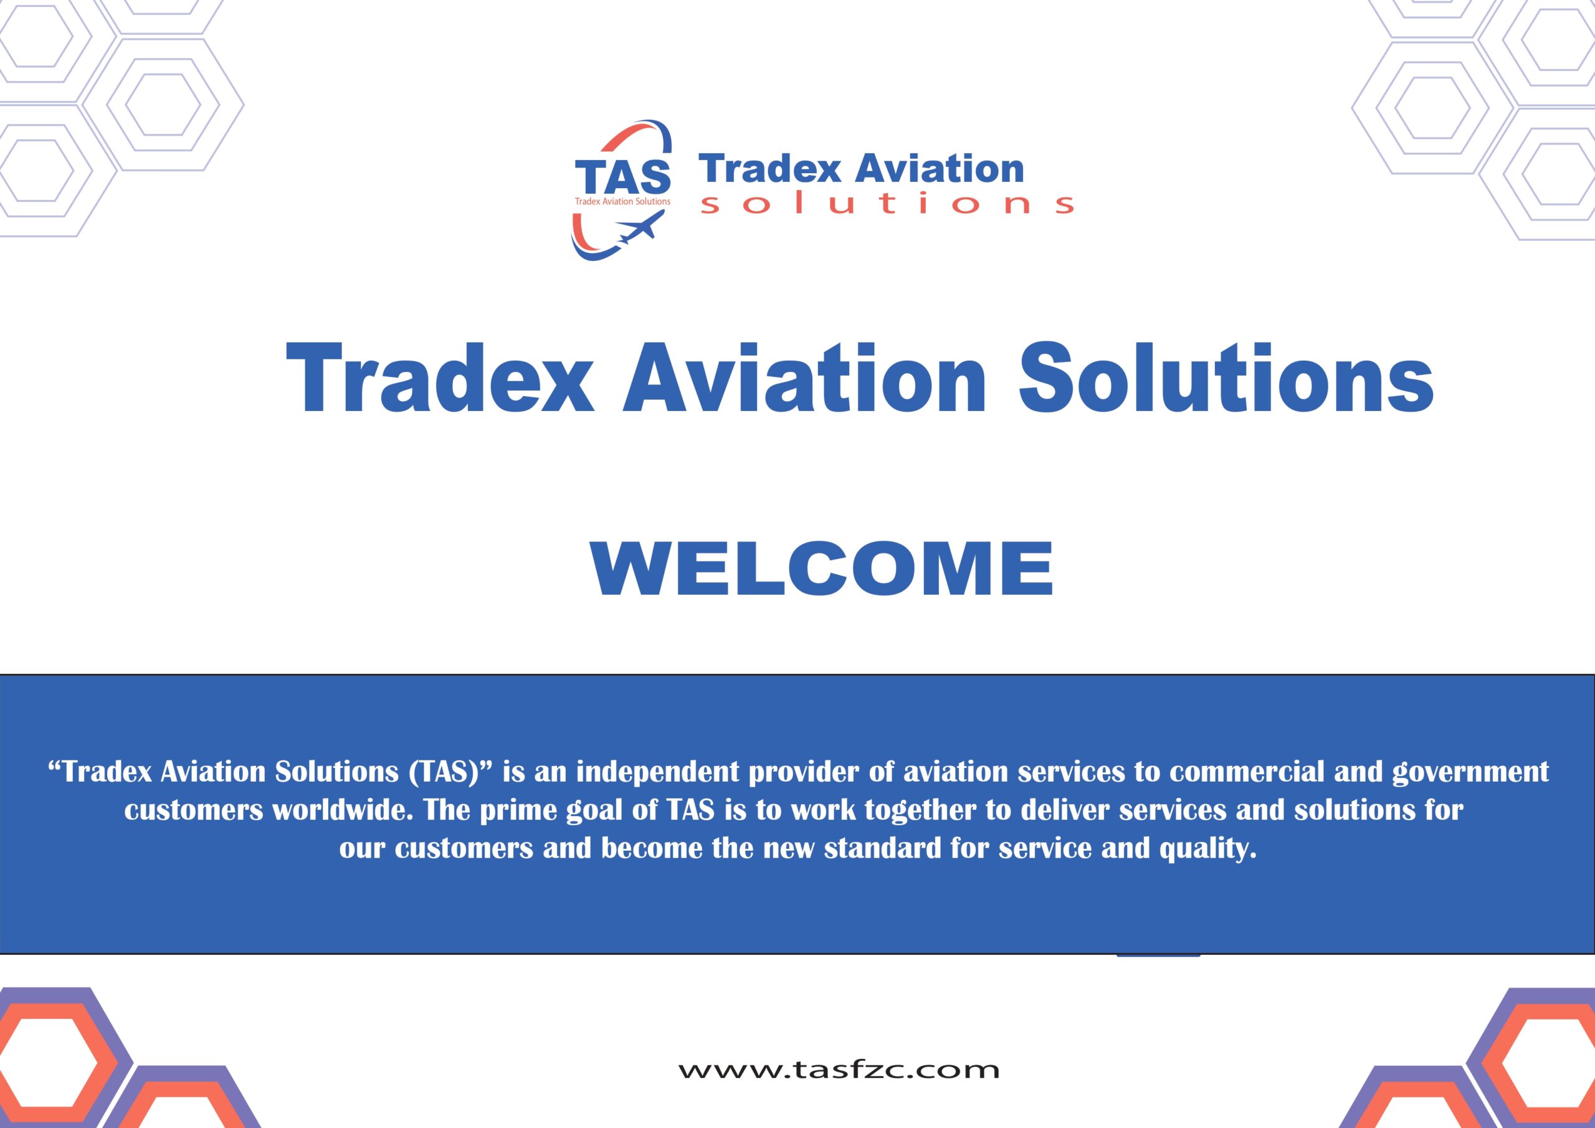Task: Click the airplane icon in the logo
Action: tap(640, 227)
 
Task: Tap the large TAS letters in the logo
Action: tap(622, 177)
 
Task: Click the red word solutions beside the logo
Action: tap(887, 203)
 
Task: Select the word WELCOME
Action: tap(821, 568)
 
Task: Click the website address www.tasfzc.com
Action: tap(839, 1069)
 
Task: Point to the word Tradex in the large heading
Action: tap(440, 378)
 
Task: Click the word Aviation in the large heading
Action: tap(804, 378)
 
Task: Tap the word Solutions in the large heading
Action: tap(1226, 378)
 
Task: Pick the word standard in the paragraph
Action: tap(882, 848)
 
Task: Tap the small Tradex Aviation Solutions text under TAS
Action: tap(622, 201)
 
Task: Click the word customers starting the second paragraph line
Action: tap(194, 810)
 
